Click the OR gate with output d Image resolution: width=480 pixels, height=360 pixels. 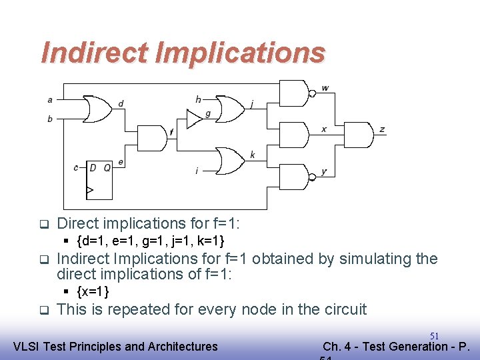(96, 110)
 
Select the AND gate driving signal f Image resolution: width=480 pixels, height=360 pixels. (151, 137)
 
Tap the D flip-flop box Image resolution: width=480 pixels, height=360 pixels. (100, 180)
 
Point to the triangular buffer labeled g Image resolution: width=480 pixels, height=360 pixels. (194, 119)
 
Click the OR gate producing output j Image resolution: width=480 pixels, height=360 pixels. (230, 109)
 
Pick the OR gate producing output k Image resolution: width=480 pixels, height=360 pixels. (230, 160)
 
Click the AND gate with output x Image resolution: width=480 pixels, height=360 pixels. (294, 135)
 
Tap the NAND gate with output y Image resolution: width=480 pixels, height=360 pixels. (294, 176)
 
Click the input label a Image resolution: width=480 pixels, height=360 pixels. (50, 100)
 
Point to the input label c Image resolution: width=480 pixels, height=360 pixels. (76, 167)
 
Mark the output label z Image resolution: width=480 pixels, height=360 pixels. (382, 129)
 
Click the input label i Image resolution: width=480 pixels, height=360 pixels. (197, 171)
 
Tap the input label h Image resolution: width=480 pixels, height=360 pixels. (198, 99)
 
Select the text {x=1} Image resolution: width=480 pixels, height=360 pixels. (93, 291)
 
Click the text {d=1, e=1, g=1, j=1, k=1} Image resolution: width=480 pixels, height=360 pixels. (151, 240)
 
